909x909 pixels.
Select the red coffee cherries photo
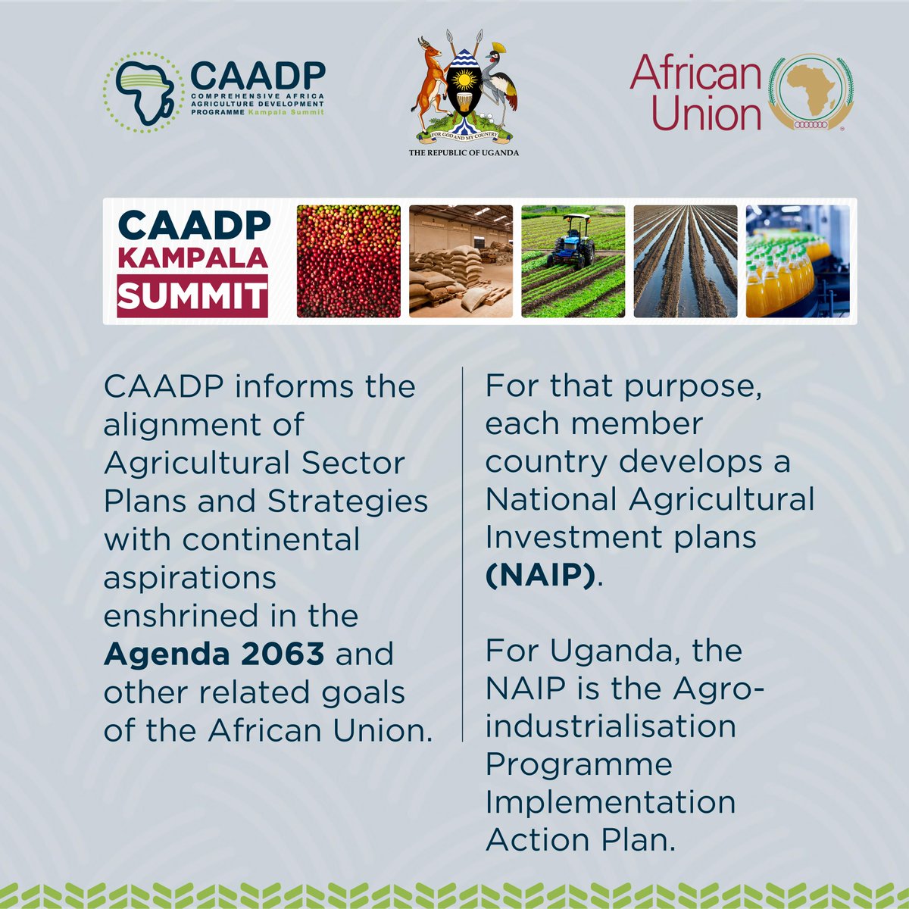pyautogui.click(x=348, y=261)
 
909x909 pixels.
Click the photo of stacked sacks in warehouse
pyautogui.click(x=461, y=261)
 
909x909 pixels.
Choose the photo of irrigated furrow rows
pyautogui.click(x=685, y=261)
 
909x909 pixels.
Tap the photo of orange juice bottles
pyautogui.click(x=798, y=261)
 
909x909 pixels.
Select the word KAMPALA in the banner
pyautogui.click(x=192, y=258)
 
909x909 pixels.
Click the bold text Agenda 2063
pyautogui.click(x=214, y=654)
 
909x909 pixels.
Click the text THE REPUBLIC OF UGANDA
pyautogui.click(x=464, y=152)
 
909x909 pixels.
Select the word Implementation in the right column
pyautogui.click(x=611, y=802)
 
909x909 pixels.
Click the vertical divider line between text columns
pyautogui.click(x=462, y=553)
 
